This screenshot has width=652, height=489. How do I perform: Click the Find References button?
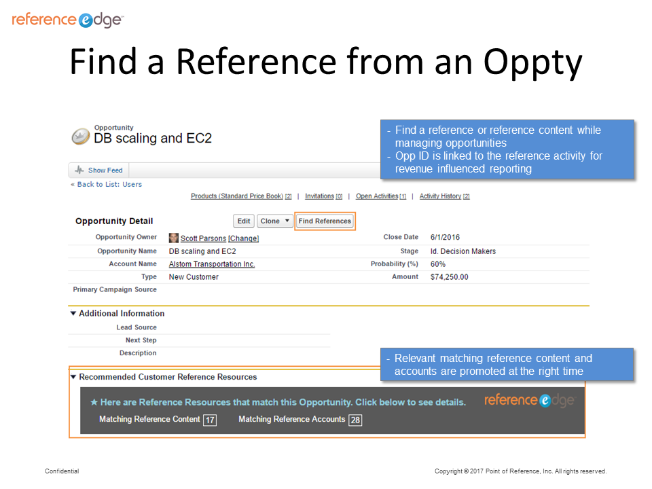click(325, 221)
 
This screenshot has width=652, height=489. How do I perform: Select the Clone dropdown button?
click(275, 221)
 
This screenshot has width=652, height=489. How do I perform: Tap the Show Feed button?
click(99, 170)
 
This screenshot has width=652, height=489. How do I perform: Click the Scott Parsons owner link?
click(203, 238)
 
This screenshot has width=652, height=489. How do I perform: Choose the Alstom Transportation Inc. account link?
click(212, 264)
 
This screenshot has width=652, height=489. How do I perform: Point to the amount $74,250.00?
click(449, 277)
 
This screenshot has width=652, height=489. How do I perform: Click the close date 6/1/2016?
click(445, 238)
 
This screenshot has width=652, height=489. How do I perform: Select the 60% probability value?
click(438, 264)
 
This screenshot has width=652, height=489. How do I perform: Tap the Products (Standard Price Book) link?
click(237, 196)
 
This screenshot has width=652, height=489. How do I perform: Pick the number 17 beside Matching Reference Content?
click(210, 420)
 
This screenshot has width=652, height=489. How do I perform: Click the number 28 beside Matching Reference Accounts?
click(355, 420)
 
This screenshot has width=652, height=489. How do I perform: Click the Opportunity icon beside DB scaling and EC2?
click(81, 137)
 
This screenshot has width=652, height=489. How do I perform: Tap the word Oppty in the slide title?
click(532, 62)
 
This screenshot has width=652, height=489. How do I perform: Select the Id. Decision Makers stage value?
click(463, 251)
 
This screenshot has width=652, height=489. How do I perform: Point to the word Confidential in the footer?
click(62, 471)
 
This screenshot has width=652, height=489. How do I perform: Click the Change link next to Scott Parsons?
click(243, 238)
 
